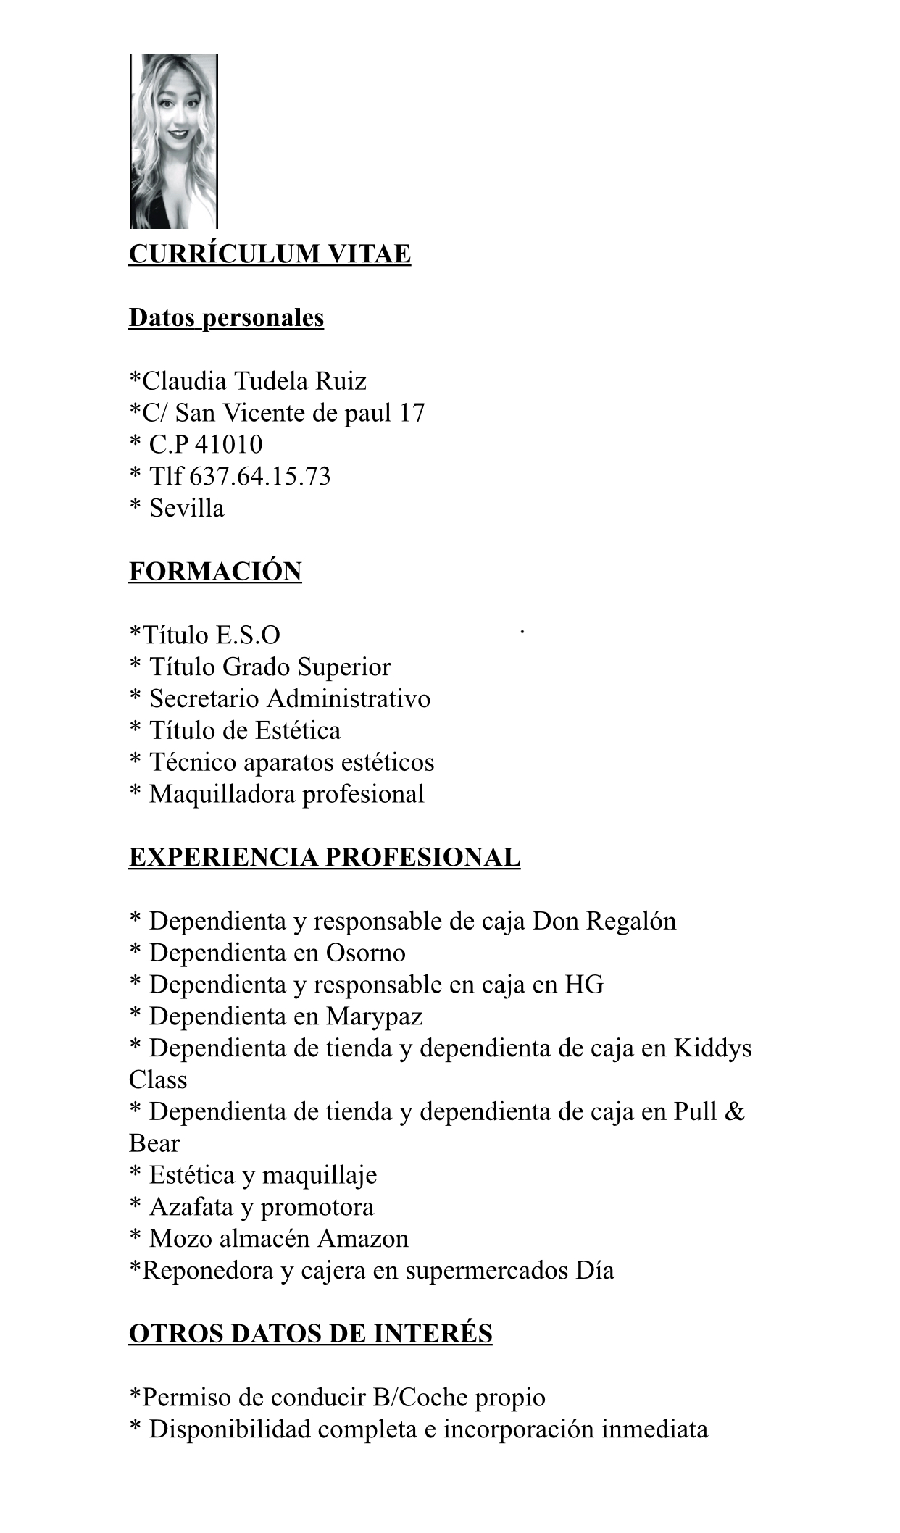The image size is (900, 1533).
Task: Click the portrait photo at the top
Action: coord(174,141)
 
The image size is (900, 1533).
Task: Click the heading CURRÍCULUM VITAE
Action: coord(270,254)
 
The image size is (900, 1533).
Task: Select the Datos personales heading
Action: coord(226,317)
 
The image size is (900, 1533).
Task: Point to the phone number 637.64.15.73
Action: coord(259,476)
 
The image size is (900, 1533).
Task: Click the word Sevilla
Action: coord(187,508)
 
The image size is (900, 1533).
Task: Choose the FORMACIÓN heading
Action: coord(215,571)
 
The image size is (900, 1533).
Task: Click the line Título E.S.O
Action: coord(205,635)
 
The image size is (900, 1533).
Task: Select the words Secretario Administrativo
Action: coord(290,698)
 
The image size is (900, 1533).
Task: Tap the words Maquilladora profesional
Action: coord(287,794)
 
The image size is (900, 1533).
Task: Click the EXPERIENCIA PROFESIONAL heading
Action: coord(325,857)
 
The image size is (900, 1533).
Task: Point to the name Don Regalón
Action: coord(604,921)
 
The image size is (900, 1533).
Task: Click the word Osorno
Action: coord(365,953)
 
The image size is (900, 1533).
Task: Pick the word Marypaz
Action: coord(374,1016)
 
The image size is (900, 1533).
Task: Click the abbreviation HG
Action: coord(584,985)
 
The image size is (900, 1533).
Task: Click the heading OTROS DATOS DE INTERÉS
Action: coord(310,1333)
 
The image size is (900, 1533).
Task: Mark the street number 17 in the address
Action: coord(411,412)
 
